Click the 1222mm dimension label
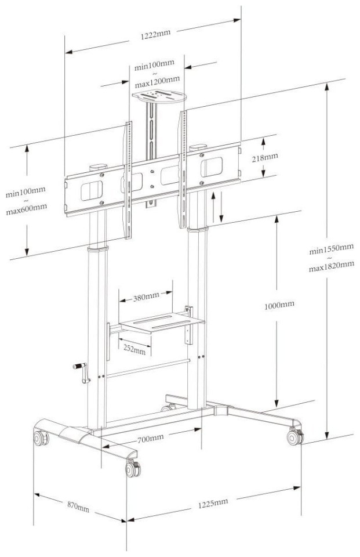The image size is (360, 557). click(155, 34)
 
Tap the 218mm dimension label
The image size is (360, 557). click(265, 157)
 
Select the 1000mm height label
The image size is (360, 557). click(279, 305)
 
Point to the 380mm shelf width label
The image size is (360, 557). click(146, 296)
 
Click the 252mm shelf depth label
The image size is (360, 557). click(134, 349)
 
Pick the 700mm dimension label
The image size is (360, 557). click(151, 439)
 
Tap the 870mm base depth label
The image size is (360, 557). click(78, 507)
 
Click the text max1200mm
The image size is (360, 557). click(157, 82)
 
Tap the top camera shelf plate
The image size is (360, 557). click(159, 96)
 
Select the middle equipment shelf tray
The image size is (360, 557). click(162, 322)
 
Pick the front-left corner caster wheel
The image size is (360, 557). click(41, 438)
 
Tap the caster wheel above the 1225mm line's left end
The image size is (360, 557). click(133, 468)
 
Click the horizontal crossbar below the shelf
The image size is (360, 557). click(148, 368)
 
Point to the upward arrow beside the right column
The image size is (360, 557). click(213, 207)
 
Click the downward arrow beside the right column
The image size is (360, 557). click(221, 207)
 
